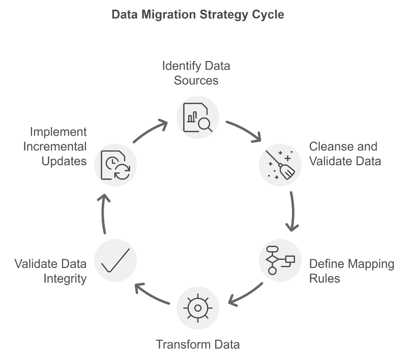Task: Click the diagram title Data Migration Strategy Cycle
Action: [198, 15]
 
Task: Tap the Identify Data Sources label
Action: [196, 73]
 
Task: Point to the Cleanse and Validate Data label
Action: [345, 154]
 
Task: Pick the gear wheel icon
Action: [198, 308]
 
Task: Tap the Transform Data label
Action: [198, 344]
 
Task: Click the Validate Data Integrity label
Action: [50, 272]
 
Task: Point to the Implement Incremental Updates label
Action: [58, 146]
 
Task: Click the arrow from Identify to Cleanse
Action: [244, 130]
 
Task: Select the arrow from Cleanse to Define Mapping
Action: [292, 211]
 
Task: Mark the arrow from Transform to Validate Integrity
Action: [151, 295]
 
